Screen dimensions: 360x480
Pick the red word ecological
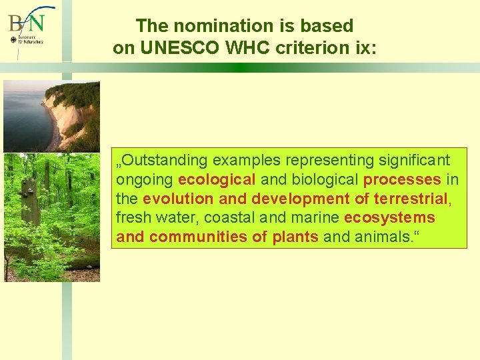click(x=217, y=180)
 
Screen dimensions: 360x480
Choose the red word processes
click(x=402, y=180)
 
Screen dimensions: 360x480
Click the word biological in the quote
click(x=321, y=180)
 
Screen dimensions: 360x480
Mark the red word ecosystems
click(x=389, y=218)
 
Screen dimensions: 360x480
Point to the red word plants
click(x=295, y=237)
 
